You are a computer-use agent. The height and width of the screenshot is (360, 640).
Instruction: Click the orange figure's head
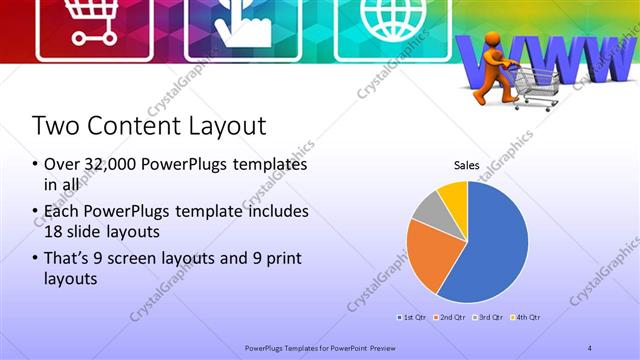[x=490, y=44]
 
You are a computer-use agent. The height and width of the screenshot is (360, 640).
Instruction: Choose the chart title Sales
[x=466, y=165]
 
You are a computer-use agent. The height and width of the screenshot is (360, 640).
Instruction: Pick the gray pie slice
[x=427, y=208]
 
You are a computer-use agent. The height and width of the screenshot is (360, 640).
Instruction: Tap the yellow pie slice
[x=454, y=194]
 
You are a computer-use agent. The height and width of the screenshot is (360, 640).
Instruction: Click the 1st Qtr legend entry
[x=413, y=317]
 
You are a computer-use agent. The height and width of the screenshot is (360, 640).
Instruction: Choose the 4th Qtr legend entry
[x=527, y=317]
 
